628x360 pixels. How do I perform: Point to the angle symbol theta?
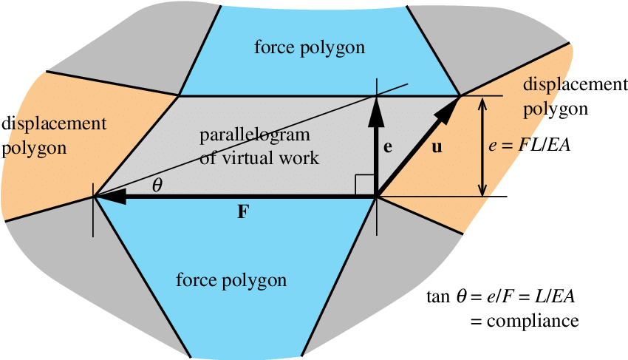click(x=157, y=186)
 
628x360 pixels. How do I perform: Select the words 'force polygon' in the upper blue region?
click(x=310, y=48)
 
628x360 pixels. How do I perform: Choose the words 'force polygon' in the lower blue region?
click(x=231, y=280)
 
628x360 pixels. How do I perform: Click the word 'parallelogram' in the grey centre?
click(x=254, y=137)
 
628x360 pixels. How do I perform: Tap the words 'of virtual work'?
click(x=259, y=157)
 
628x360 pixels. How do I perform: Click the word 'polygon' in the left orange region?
click(x=35, y=147)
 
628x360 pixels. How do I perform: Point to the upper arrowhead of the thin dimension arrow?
click(x=483, y=104)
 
